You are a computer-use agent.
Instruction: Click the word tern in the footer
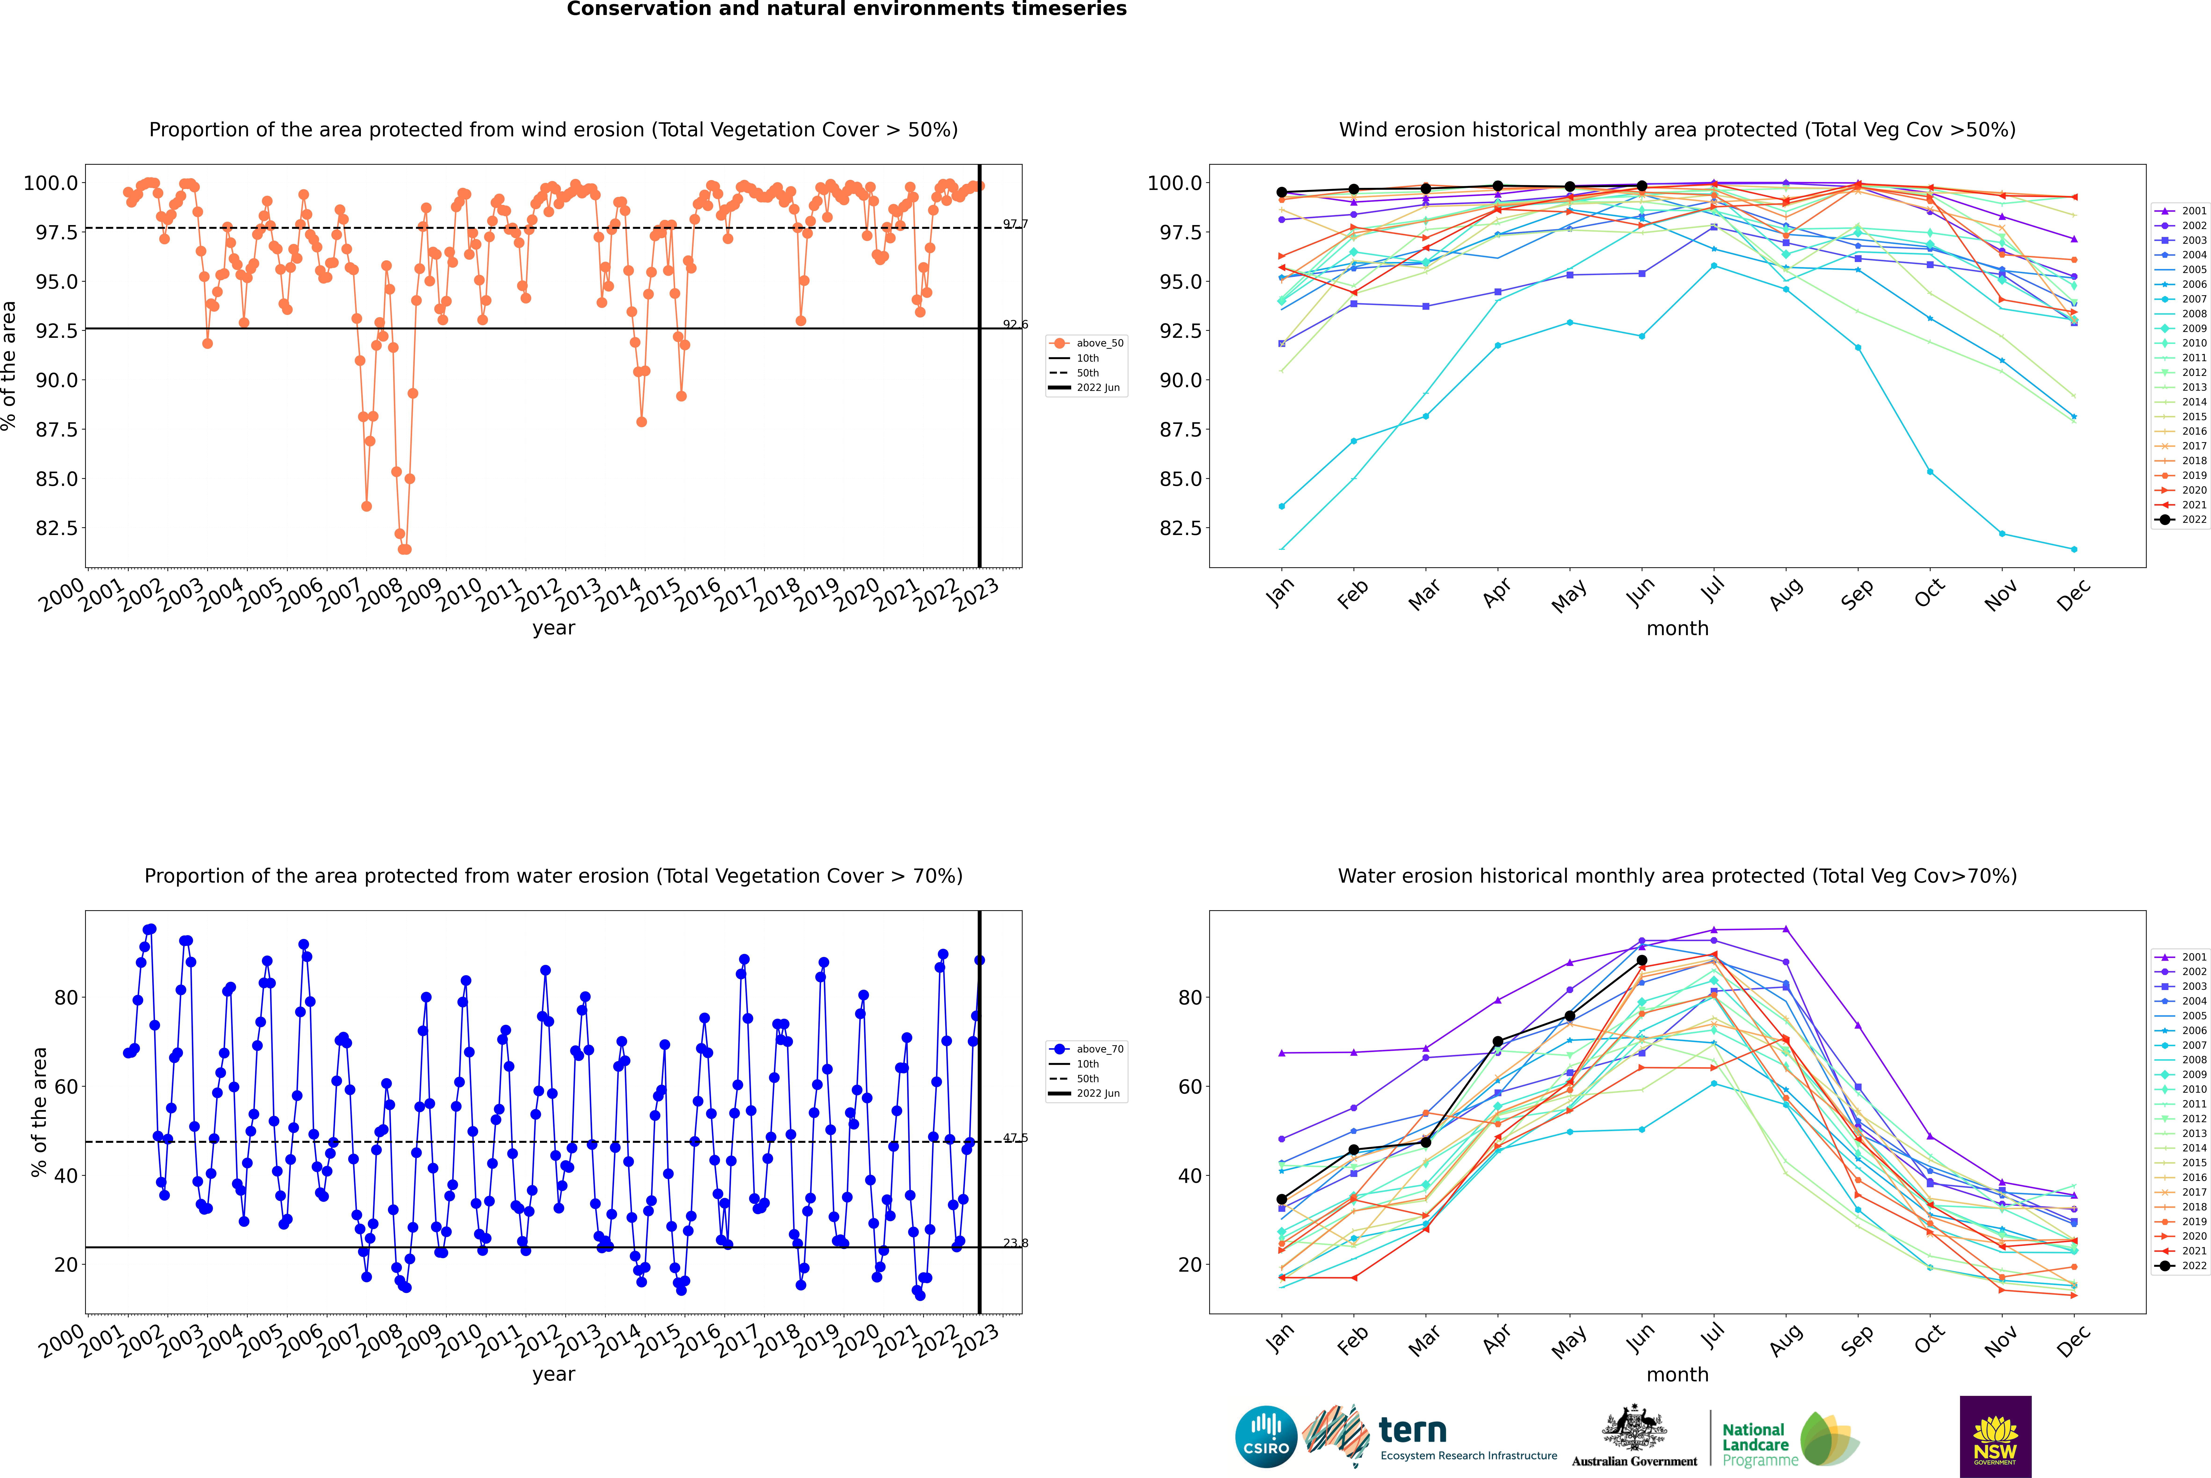[x=1412, y=1430]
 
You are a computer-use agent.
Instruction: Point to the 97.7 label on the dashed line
[x=1015, y=224]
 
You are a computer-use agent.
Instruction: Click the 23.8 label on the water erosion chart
[x=1015, y=1243]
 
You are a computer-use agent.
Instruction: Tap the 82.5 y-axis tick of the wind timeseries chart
[x=57, y=528]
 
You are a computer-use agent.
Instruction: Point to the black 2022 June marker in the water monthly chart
[x=1642, y=961]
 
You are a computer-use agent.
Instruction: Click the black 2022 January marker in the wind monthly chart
[x=1282, y=192]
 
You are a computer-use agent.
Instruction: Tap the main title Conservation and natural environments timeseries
[x=846, y=9]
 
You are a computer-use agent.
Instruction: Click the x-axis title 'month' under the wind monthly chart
[x=1677, y=629]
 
